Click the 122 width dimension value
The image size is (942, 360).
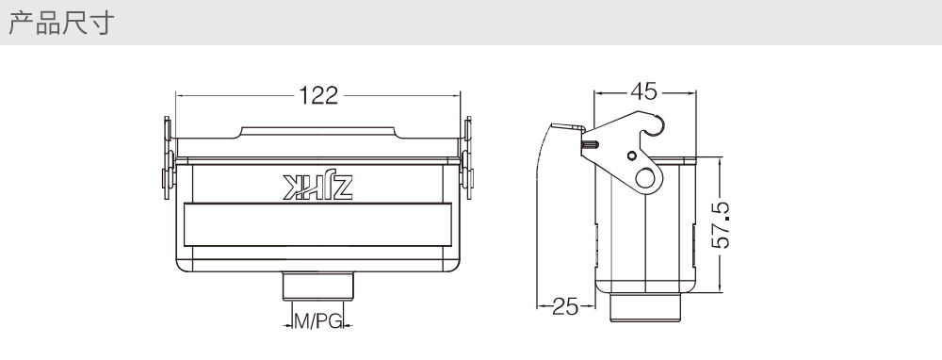[x=318, y=95]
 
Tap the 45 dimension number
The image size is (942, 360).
[x=644, y=92]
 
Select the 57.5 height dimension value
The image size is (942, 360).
[x=721, y=225]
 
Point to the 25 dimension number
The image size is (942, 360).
[x=564, y=306]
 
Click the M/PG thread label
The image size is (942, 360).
[x=317, y=321]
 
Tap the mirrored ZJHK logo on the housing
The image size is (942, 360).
[x=317, y=187]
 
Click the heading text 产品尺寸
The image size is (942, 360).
[x=61, y=23]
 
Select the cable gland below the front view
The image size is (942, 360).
[x=317, y=286]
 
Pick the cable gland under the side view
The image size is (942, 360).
[x=645, y=307]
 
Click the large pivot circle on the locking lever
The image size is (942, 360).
[x=645, y=178]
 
